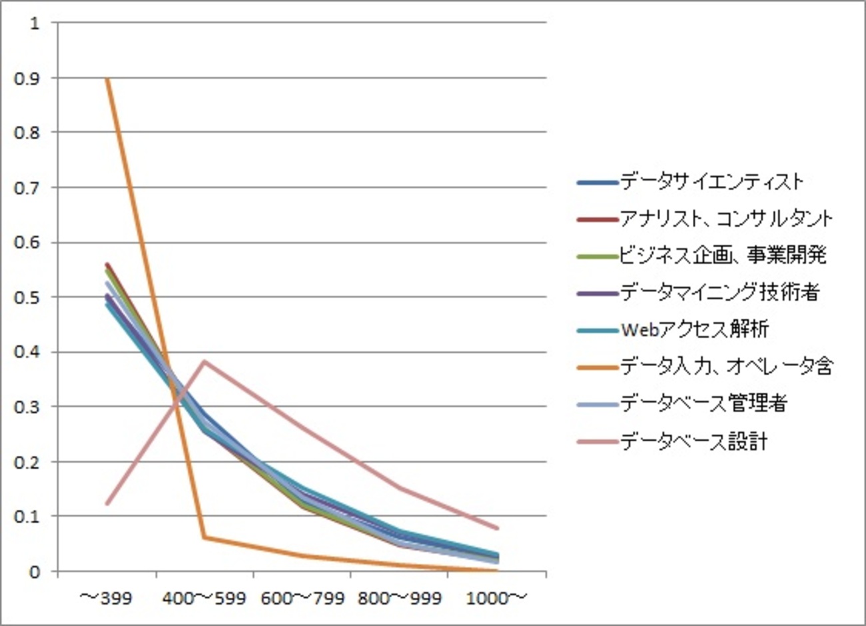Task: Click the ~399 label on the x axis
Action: (x=107, y=598)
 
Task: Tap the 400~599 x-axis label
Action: (x=205, y=598)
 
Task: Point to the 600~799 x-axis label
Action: (x=302, y=598)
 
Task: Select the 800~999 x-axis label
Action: (x=400, y=598)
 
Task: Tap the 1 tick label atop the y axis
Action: (x=35, y=23)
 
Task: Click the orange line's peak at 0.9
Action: (x=107, y=78)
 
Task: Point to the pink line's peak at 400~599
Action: (x=205, y=361)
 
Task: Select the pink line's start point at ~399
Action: (x=107, y=503)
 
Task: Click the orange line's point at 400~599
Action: (x=205, y=537)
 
